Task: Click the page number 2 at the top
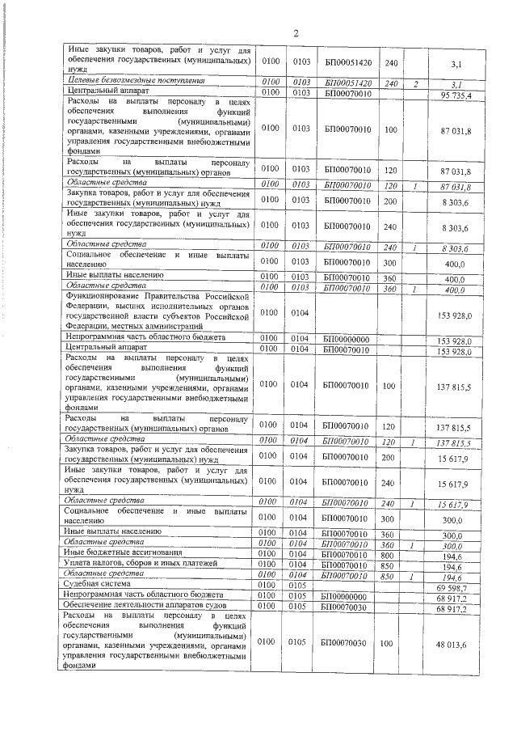point(296,33)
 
